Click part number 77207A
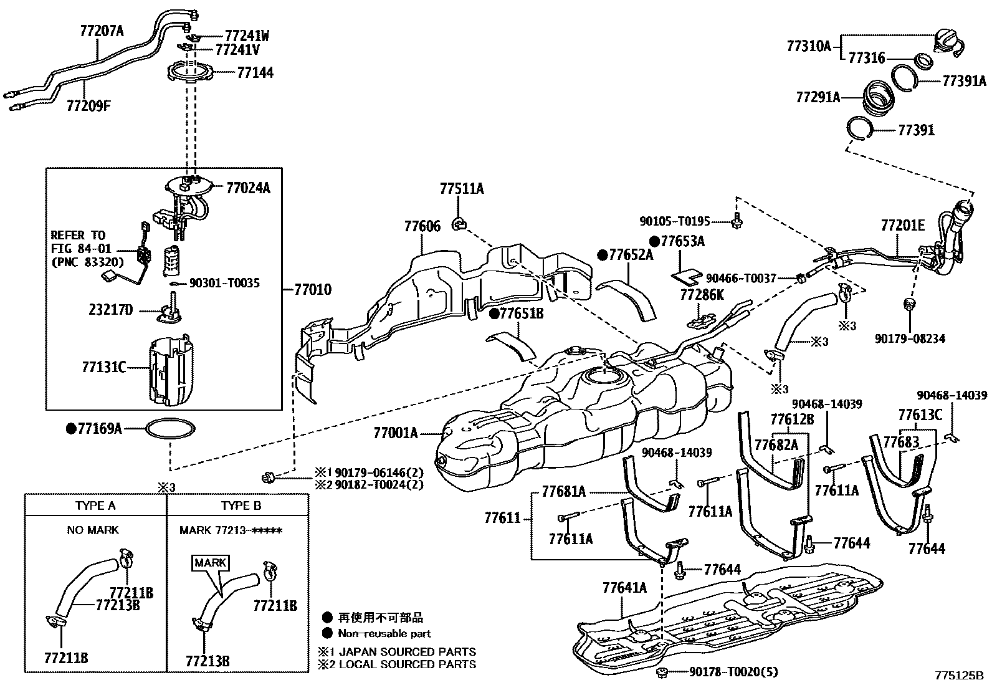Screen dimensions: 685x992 point(102,29)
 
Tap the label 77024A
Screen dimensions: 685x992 point(248,187)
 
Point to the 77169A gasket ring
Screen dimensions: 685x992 point(170,429)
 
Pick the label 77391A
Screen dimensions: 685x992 point(964,81)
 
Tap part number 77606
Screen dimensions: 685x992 point(422,226)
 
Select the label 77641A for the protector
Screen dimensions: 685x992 point(624,587)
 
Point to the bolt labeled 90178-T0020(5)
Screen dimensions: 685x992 point(662,672)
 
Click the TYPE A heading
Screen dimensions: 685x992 point(95,505)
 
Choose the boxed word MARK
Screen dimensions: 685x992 point(211,562)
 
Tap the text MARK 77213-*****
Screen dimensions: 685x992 point(231,530)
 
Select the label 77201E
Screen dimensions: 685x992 point(902,225)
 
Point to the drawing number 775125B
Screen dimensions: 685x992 point(958,675)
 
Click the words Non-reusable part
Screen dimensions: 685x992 point(384,633)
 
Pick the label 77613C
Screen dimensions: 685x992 point(920,414)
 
